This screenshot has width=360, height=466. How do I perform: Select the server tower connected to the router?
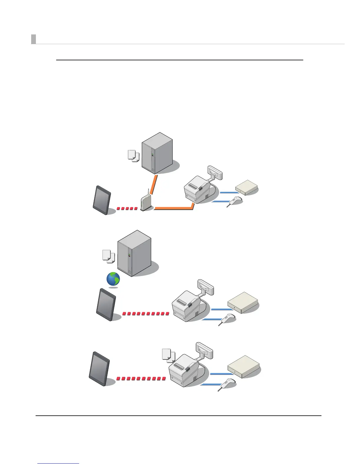tap(157, 153)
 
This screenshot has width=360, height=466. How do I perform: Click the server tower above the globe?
tap(134, 253)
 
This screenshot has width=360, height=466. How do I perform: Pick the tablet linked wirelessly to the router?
tap(102, 200)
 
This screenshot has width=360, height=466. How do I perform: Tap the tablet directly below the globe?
tap(106, 304)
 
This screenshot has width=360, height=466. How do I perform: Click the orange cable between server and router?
tap(154, 184)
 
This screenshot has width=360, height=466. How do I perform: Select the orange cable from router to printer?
tap(174, 208)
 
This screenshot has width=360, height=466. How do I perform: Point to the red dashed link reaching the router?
tap(127, 209)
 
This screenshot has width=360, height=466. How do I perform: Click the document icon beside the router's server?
tap(133, 156)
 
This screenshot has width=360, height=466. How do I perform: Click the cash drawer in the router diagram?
tap(246, 187)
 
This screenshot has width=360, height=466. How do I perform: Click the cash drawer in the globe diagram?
tap(243, 303)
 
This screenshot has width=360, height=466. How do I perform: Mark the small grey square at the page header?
tap(34, 39)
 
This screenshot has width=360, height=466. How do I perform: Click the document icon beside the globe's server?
tap(108, 256)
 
